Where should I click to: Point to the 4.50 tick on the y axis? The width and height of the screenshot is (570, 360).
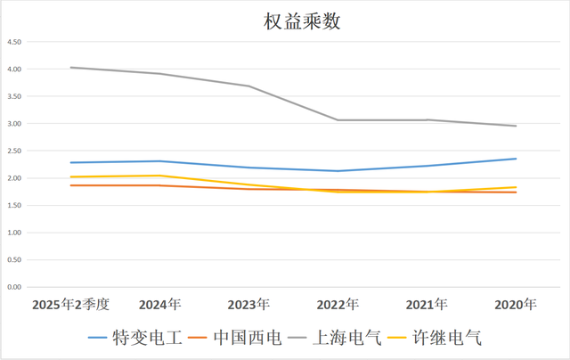pyautogui.click(x=14, y=42)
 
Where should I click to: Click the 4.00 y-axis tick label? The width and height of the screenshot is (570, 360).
pyautogui.click(x=14, y=70)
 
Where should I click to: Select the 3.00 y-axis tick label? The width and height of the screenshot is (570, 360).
pyautogui.click(x=14, y=124)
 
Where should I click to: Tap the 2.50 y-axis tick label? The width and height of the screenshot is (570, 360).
pyautogui.click(x=14, y=151)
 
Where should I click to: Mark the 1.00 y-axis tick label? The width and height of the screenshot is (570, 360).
pyautogui.click(x=14, y=233)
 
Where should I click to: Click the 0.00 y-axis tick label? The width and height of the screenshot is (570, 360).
pyautogui.click(x=14, y=287)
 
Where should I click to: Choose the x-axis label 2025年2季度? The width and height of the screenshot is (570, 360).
pyautogui.click(x=70, y=305)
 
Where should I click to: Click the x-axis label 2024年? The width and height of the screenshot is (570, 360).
pyautogui.click(x=159, y=305)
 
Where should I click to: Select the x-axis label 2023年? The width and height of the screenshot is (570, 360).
pyautogui.click(x=248, y=305)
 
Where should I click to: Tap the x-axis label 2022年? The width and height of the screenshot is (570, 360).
pyautogui.click(x=338, y=305)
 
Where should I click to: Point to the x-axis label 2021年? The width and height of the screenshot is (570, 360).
pyautogui.click(x=427, y=305)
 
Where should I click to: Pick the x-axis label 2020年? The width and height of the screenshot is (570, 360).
pyautogui.click(x=516, y=305)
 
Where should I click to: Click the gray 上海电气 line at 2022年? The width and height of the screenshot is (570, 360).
pyautogui.click(x=338, y=120)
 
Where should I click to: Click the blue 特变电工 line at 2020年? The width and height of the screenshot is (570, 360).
pyautogui.click(x=516, y=159)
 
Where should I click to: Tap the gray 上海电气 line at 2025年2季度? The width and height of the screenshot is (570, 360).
pyautogui.click(x=70, y=68)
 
